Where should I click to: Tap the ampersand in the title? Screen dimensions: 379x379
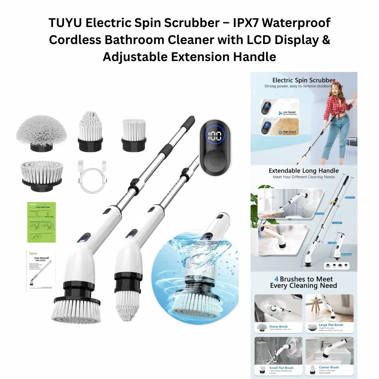coord(326,40)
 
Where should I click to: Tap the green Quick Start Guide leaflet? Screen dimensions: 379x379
coord(41,222)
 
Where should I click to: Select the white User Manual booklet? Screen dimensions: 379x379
coord(41,270)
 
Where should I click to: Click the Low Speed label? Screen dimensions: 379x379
coord(289,113)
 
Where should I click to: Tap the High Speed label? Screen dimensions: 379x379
coord(289,132)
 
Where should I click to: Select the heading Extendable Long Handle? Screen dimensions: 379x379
coord(303,171)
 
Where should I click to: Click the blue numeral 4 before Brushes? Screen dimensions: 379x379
coord(276,279)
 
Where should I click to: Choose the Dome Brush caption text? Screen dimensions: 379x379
coord(278,326)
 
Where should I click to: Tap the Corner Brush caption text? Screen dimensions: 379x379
coord(329,368)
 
